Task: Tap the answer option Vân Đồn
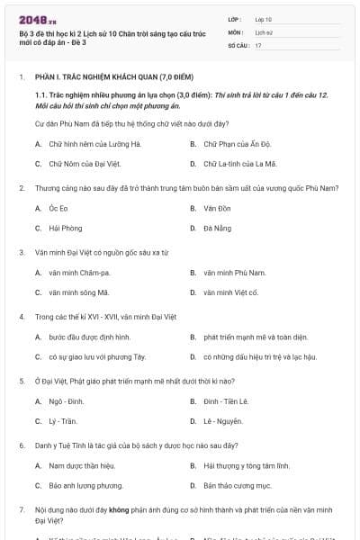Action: (x=211, y=208)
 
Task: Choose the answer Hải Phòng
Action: (x=65, y=229)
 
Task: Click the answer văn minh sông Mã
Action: (x=79, y=292)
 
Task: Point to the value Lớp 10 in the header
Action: (x=263, y=18)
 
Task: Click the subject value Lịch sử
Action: (x=263, y=31)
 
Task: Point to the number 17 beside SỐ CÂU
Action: (x=258, y=44)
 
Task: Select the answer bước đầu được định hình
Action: (x=89, y=337)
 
